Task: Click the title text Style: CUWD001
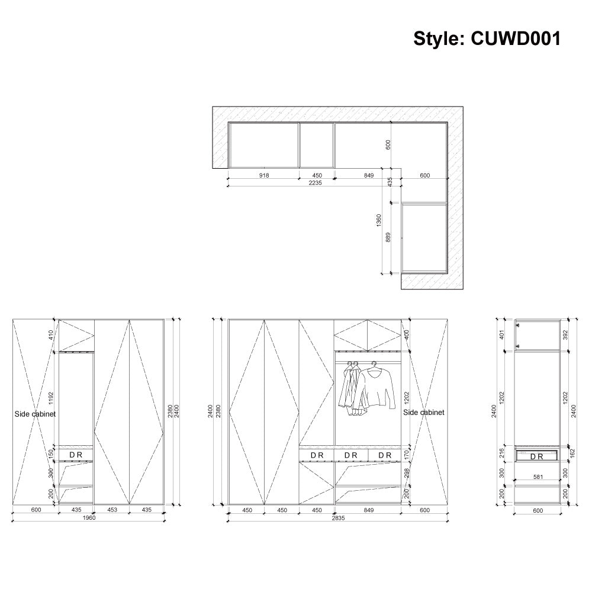pos(487,38)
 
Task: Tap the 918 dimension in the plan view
pos(264,175)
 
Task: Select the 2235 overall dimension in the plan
pos(316,183)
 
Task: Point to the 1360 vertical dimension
pos(379,220)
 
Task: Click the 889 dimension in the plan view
pos(388,237)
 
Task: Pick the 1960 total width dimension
pos(89,517)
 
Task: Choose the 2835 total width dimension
pos(338,518)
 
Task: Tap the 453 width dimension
pos(112,510)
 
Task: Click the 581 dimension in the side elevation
pos(538,477)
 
